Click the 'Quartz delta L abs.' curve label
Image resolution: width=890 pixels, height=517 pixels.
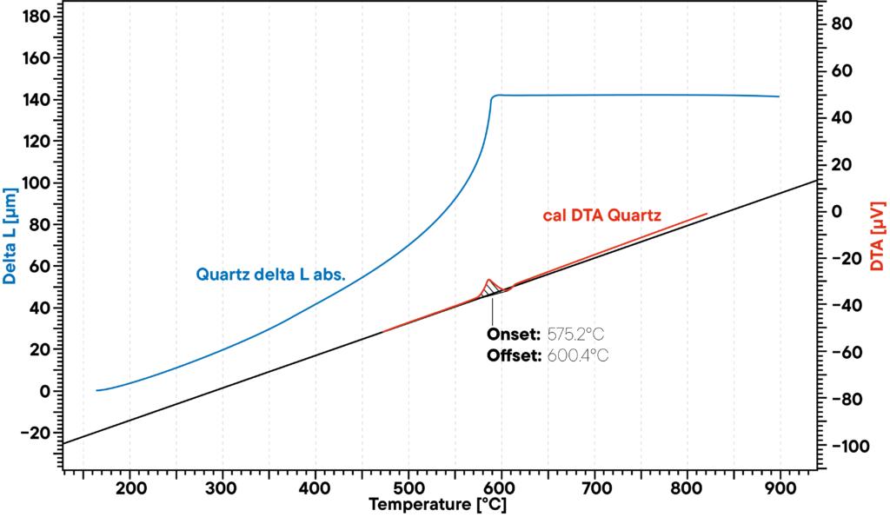[271, 275]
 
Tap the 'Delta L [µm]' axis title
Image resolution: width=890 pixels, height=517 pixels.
[10, 235]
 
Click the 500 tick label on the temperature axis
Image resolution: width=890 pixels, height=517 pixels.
[408, 489]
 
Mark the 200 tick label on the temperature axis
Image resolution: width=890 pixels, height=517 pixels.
[130, 489]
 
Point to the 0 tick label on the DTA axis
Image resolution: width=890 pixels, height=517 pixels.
[838, 212]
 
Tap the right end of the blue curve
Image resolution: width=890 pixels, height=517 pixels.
[779, 96]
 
